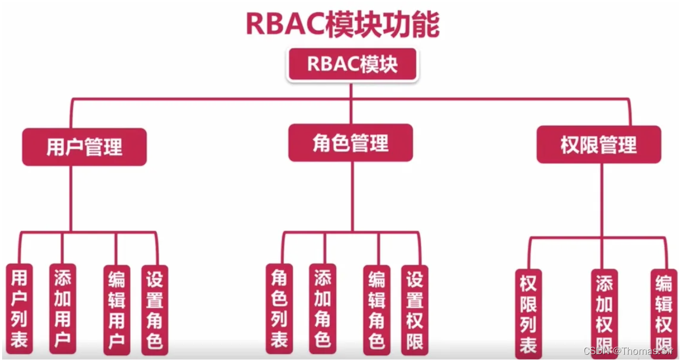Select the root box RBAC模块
tap(352, 65)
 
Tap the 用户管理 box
tap(84, 147)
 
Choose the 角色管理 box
tap(351, 143)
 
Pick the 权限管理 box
tap(598, 145)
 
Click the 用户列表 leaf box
tap(19, 309)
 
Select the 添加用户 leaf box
tap(62, 309)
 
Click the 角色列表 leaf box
tap(279, 309)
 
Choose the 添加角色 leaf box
tap(322, 309)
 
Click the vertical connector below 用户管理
tap(71, 199)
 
